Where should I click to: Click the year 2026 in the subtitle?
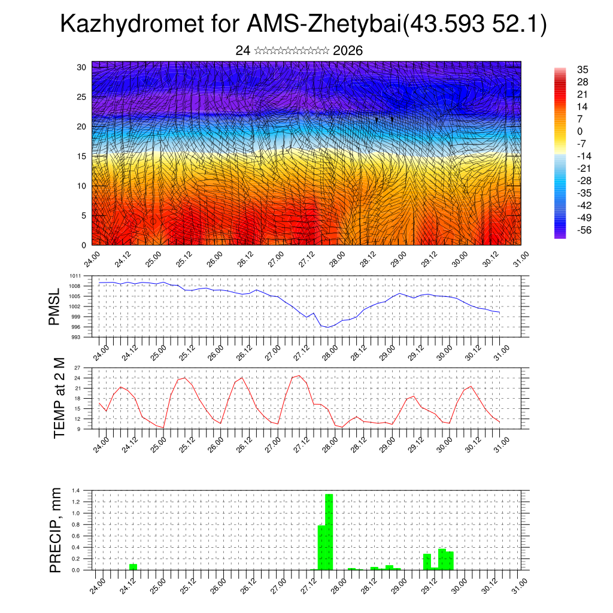pyautogui.click(x=348, y=51)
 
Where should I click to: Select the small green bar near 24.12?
pyautogui.click(x=133, y=566)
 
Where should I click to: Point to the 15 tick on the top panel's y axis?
pyautogui.click(x=81, y=156)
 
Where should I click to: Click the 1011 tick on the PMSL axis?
pyautogui.click(x=75, y=276)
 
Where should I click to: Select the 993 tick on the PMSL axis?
pyautogui.click(x=75, y=337)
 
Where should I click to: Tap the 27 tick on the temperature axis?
pyautogui.click(x=77, y=368)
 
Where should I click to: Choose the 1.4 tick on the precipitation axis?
pyautogui.click(x=75, y=490)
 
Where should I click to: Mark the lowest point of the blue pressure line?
pyautogui.click(x=328, y=327)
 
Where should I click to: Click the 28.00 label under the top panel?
pyautogui.click(x=336, y=259)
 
